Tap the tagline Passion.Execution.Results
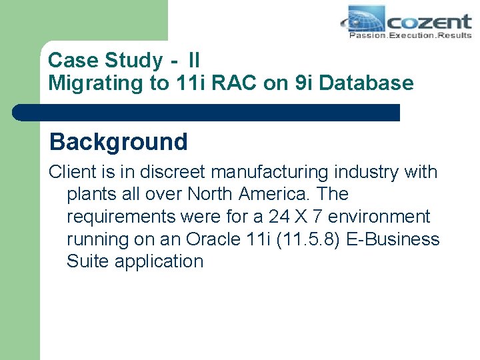pyautogui.click(x=411, y=35)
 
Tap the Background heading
pyautogui.click(x=119, y=141)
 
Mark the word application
pyautogui.click(x=159, y=261)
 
